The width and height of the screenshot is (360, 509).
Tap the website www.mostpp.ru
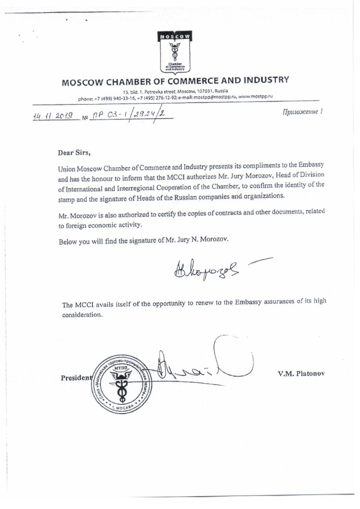[x=255, y=96]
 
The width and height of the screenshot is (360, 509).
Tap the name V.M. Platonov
[x=301, y=374]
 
